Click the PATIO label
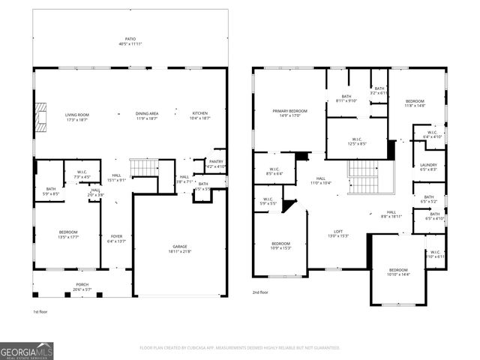[130, 40]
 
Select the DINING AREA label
[146, 114]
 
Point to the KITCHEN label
[200, 114]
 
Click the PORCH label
[82, 285]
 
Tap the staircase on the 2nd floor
[364, 178]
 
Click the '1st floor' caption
[40, 311]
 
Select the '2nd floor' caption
[260, 292]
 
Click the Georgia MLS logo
[26, 350]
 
